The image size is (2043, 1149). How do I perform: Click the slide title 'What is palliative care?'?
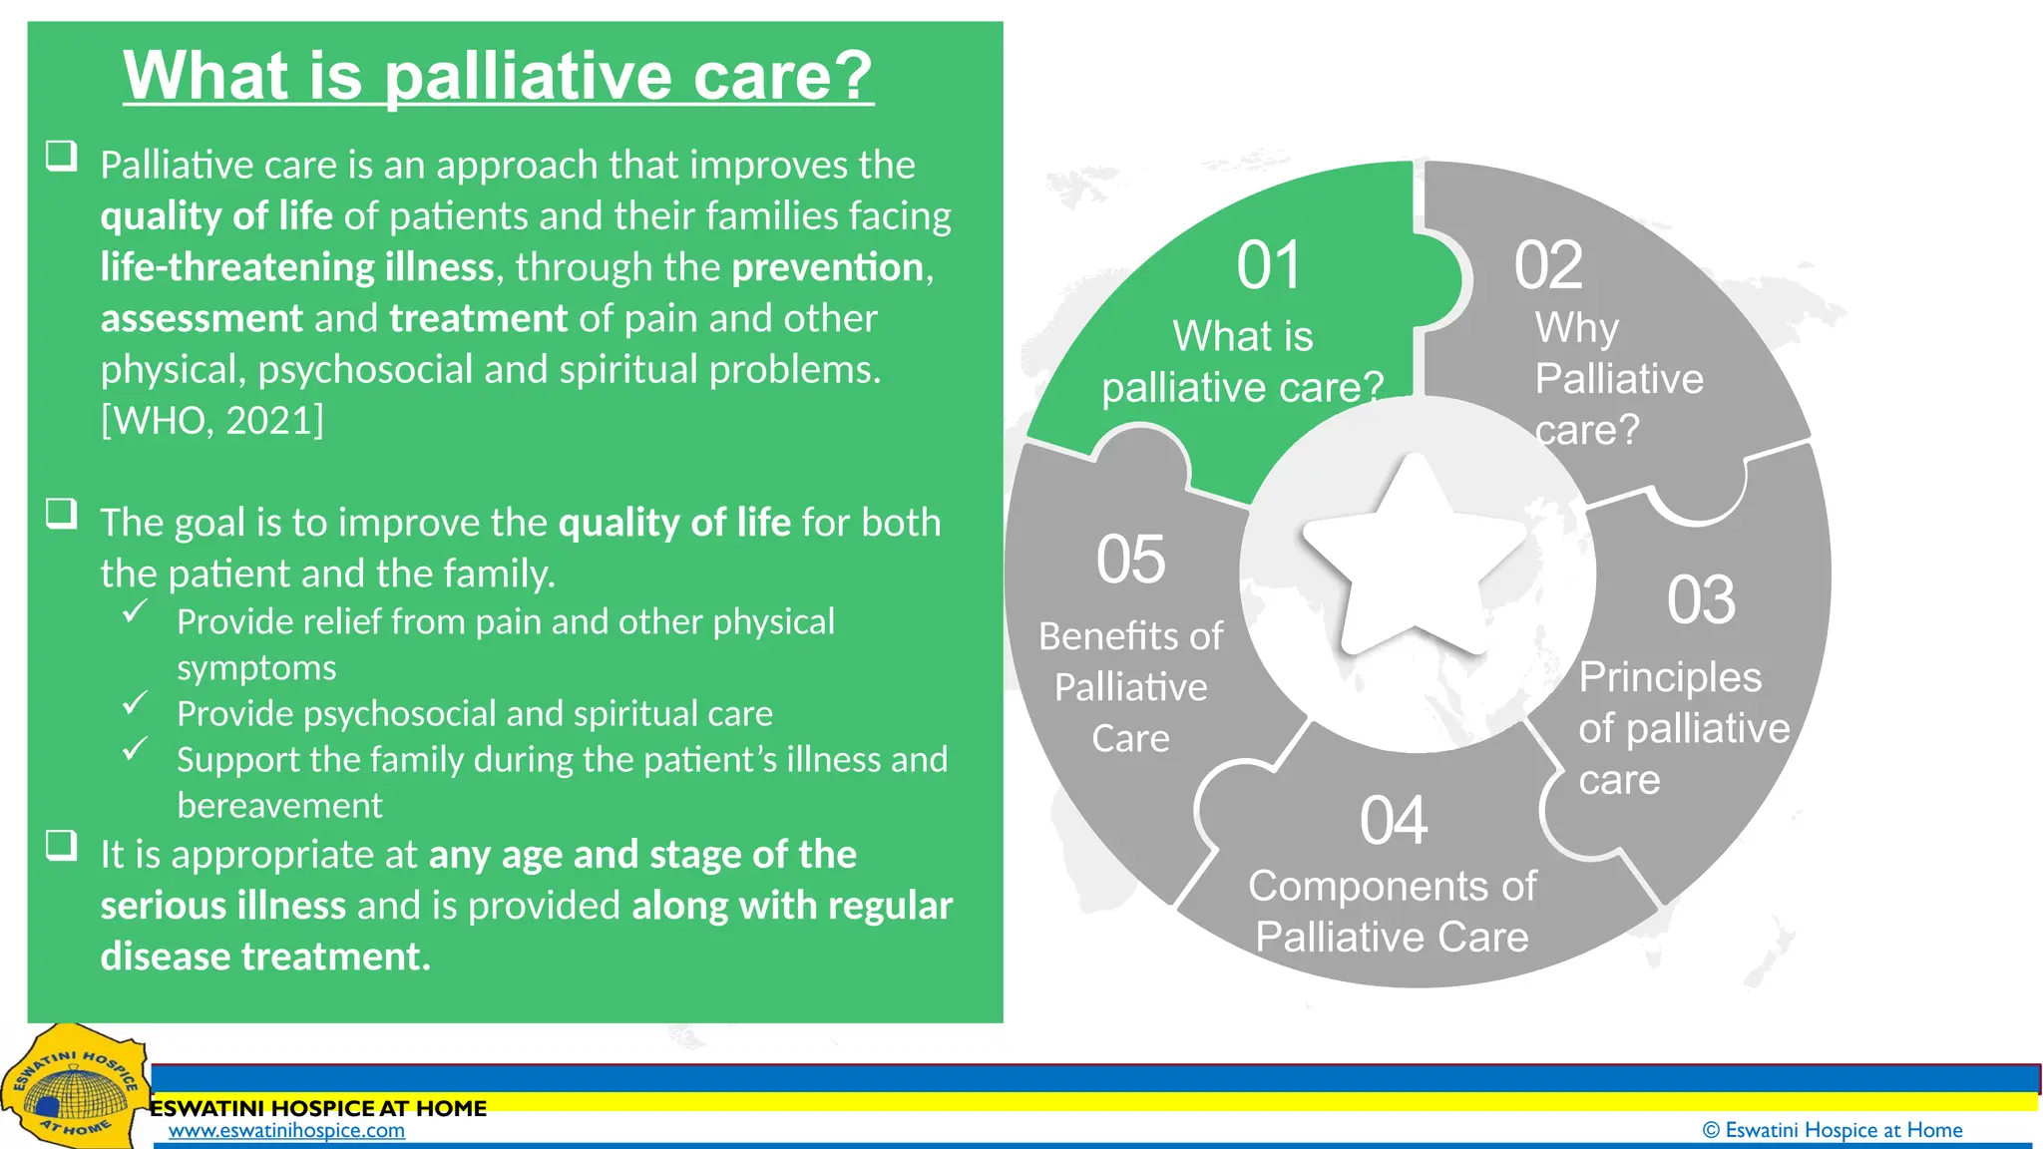498,76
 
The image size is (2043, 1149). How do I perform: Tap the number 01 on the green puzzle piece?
1269,266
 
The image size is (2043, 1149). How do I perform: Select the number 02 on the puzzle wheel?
1548,266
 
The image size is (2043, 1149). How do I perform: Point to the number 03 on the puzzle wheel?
1701,600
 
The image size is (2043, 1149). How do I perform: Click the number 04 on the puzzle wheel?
1394,821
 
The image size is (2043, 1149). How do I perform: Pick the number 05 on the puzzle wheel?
1130,560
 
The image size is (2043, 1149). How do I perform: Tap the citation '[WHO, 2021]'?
212,421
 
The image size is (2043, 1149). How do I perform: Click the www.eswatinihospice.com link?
286,1130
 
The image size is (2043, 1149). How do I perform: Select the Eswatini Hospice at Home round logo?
73,1089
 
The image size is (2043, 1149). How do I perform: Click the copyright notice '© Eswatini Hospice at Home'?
1832,1130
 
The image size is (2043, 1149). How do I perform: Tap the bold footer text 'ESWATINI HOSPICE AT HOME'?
318,1108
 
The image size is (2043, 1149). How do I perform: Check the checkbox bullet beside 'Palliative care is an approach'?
62,156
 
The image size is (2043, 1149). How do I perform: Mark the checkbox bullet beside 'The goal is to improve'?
62,514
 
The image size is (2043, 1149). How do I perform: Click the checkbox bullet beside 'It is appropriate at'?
62,846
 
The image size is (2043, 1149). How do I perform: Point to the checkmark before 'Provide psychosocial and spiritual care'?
135,703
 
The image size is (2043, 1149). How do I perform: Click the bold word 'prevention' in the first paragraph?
827,267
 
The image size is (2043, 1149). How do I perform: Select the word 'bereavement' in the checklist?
279,806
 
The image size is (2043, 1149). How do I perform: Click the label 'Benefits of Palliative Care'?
1130,687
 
